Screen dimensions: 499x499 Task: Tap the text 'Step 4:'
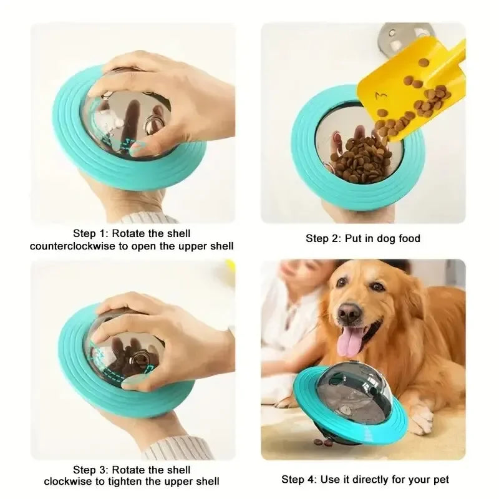(x=299, y=480)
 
